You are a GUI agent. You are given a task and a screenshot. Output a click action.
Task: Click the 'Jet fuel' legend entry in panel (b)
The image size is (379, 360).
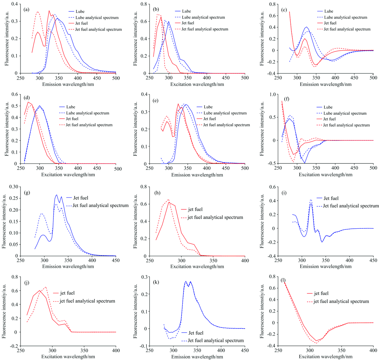coord(213,23)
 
